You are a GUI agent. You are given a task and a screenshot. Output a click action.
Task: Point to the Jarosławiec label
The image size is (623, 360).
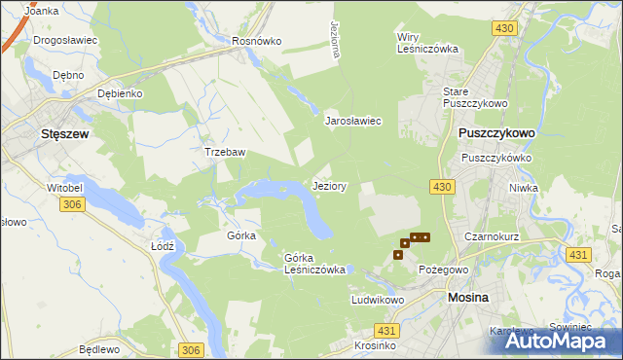351,121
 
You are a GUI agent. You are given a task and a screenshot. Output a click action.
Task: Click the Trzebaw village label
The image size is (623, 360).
224,152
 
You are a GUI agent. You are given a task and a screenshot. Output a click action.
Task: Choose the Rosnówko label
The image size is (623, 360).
256,42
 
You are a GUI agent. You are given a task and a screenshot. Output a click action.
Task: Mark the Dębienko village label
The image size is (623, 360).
121,93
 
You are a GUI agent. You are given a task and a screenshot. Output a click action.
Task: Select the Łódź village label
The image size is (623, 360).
163,246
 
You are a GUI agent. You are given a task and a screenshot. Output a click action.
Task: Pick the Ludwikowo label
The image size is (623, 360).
378,301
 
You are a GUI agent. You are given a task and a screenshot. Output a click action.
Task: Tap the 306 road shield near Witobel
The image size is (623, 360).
71,204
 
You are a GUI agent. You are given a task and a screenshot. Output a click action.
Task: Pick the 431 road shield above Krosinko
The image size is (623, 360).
385,331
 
